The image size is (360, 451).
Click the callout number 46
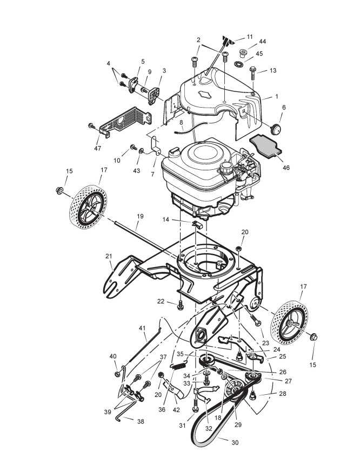(286, 168)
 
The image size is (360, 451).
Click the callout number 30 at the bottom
(235, 442)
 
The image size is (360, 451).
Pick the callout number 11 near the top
(249, 36)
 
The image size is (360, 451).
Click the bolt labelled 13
(252, 72)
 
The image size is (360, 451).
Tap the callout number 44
(263, 42)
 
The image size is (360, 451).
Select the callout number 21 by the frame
(109, 256)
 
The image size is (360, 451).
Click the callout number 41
(143, 328)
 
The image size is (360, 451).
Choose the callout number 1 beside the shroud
(276, 96)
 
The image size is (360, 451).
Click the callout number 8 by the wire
(182, 123)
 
